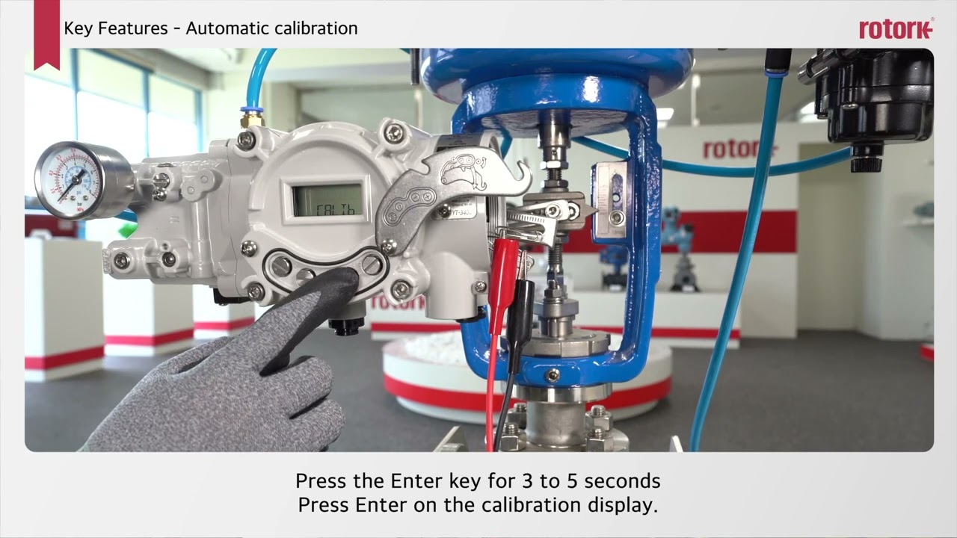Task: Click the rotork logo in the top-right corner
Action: [896, 29]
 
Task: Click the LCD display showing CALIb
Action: [327, 200]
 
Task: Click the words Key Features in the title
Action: [116, 28]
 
